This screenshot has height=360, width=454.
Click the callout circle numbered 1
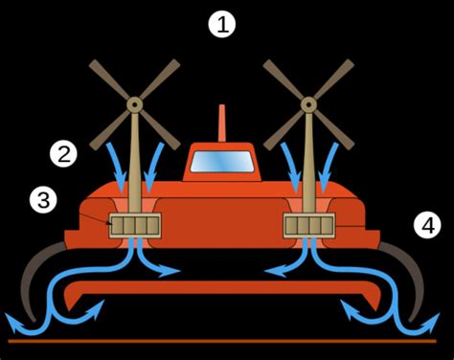[222, 25]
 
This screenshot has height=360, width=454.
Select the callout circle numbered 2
[64, 153]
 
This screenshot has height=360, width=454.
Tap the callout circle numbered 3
[44, 200]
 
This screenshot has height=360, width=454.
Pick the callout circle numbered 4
[426, 225]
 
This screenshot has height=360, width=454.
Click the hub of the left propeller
[134, 102]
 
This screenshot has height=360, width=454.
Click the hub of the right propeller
[308, 102]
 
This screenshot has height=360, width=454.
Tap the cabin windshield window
[221, 162]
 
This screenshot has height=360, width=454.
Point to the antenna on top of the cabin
[221, 124]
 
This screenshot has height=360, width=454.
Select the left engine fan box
[135, 226]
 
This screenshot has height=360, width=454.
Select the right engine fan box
[308, 226]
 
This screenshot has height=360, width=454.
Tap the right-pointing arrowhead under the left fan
[173, 272]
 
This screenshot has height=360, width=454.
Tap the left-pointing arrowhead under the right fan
[271, 272]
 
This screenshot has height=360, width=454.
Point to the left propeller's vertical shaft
[135, 163]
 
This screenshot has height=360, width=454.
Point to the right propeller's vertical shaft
[308, 163]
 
